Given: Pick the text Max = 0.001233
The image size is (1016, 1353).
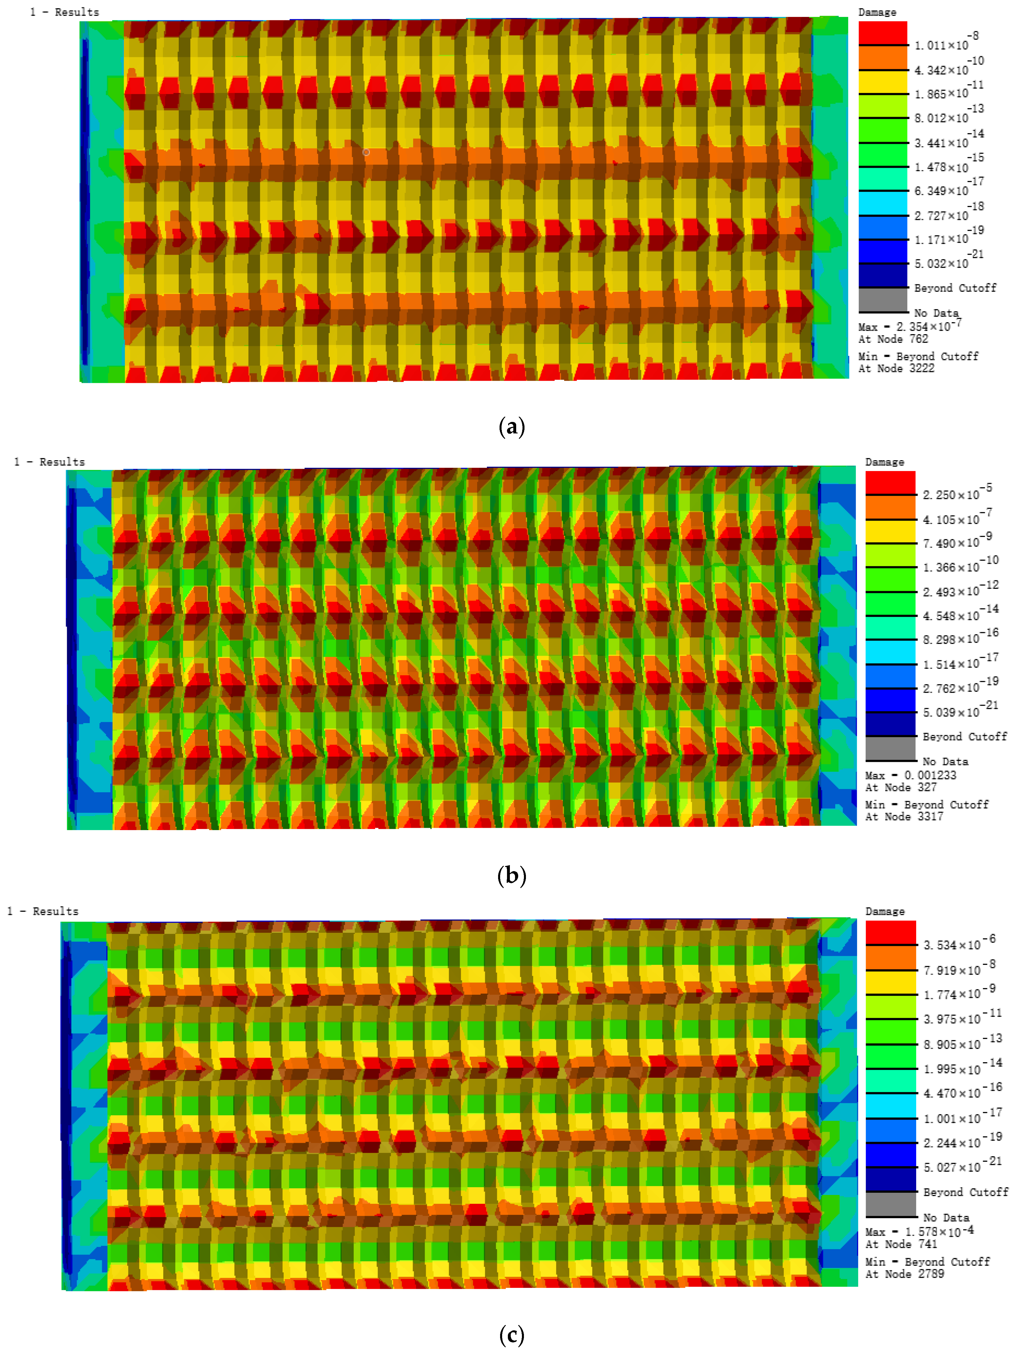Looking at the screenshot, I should [x=910, y=775].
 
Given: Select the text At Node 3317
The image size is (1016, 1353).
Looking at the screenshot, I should [x=904, y=817].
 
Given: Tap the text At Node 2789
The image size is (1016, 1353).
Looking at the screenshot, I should [x=904, y=1274].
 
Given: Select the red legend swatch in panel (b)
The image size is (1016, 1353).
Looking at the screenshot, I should [x=890, y=482].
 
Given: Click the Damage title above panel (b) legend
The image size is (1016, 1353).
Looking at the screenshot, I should [x=885, y=462].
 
